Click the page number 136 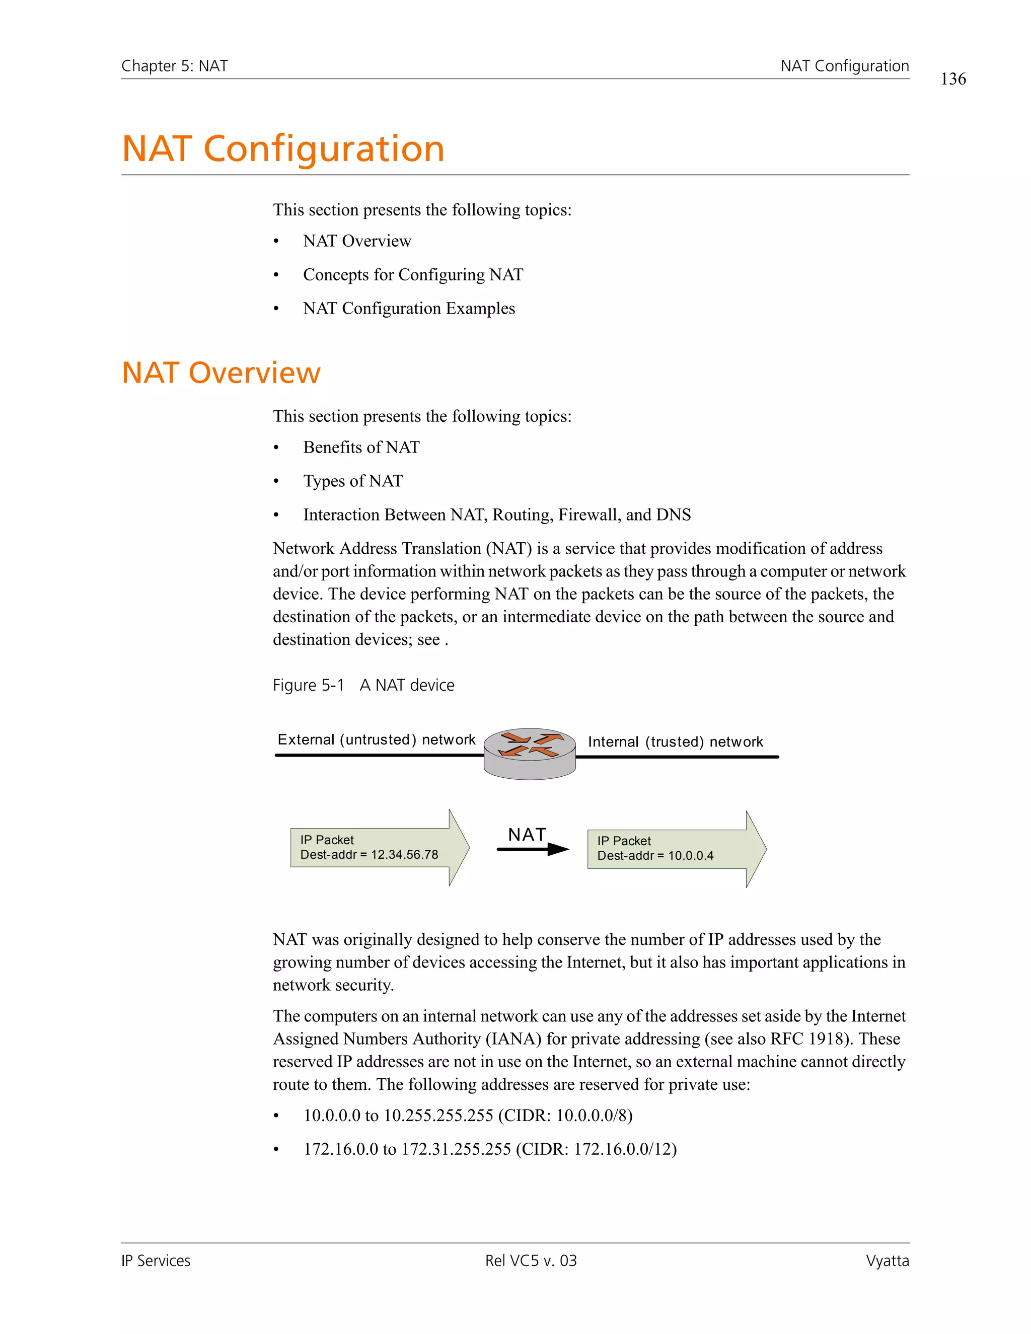pyautogui.click(x=953, y=79)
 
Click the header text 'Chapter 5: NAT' pyautogui.click(x=174, y=66)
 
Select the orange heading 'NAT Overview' pyautogui.click(x=221, y=373)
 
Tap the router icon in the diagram pyautogui.click(x=530, y=753)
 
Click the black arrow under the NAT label pyautogui.click(x=533, y=849)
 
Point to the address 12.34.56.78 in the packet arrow pyautogui.click(x=404, y=855)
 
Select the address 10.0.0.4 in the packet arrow pyautogui.click(x=691, y=856)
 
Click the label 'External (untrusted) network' pyautogui.click(x=376, y=739)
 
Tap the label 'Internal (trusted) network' pyautogui.click(x=676, y=742)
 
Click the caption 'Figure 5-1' pyautogui.click(x=309, y=685)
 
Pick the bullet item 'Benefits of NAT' pyautogui.click(x=361, y=447)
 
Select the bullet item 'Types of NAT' pyautogui.click(x=353, y=481)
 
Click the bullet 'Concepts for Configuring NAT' pyautogui.click(x=413, y=274)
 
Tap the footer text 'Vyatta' pyautogui.click(x=887, y=1261)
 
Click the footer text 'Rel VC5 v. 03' pyautogui.click(x=531, y=1261)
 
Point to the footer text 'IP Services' pyautogui.click(x=156, y=1261)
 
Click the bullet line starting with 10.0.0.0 pyautogui.click(x=468, y=1116)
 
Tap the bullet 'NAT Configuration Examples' pyautogui.click(x=409, y=308)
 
